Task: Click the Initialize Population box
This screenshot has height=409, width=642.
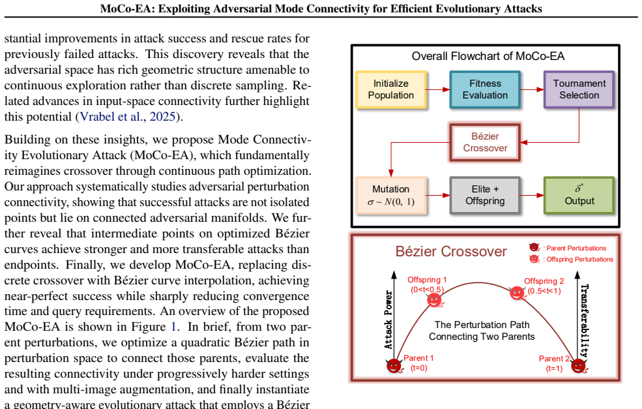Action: [x=391, y=89]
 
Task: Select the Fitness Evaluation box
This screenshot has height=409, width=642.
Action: [x=485, y=89]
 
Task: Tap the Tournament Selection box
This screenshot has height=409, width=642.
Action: [x=579, y=89]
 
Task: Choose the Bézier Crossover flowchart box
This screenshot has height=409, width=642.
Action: [x=485, y=142]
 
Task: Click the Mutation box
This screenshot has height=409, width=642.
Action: [x=391, y=195]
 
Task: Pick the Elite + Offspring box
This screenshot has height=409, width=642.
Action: [x=485, y=195]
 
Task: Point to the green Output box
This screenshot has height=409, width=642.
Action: [x=579, y=195]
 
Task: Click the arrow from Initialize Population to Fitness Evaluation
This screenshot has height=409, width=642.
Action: [x=438, y=89]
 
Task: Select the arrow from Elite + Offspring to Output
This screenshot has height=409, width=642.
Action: [x=533, y=195]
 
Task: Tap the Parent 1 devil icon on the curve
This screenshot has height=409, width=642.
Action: [x=394, y=365]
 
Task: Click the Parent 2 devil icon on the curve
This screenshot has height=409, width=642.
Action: [x=579, y=365]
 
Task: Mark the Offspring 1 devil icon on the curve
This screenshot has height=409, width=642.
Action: [x=435, y=300]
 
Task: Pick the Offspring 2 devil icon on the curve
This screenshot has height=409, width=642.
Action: [x=517, y=293]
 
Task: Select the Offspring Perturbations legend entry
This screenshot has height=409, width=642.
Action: [x=571, y=259]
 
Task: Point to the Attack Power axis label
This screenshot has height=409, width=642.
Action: [x=388, y=320]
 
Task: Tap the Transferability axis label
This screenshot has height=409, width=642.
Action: [x=584, y=320]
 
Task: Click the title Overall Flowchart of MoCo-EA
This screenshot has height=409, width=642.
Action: [x=488, y=56]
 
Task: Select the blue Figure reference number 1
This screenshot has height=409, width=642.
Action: [x=173, y=327]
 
